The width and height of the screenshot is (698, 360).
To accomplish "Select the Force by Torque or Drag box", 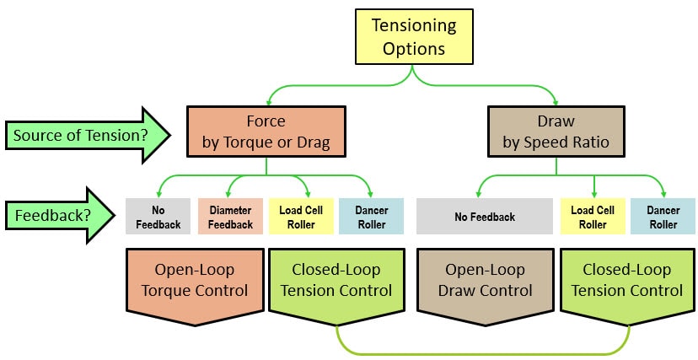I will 266,131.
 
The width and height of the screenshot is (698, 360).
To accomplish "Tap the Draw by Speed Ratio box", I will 556,131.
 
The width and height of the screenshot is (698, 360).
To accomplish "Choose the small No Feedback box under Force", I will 158,216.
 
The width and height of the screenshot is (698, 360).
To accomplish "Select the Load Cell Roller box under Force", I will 297,216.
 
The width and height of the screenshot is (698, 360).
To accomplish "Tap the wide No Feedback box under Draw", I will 484,216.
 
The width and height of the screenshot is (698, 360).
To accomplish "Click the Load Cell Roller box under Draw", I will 593,216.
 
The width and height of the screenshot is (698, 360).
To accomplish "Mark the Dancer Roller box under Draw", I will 663,216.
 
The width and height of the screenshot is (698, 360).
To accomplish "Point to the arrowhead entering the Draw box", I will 556,99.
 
